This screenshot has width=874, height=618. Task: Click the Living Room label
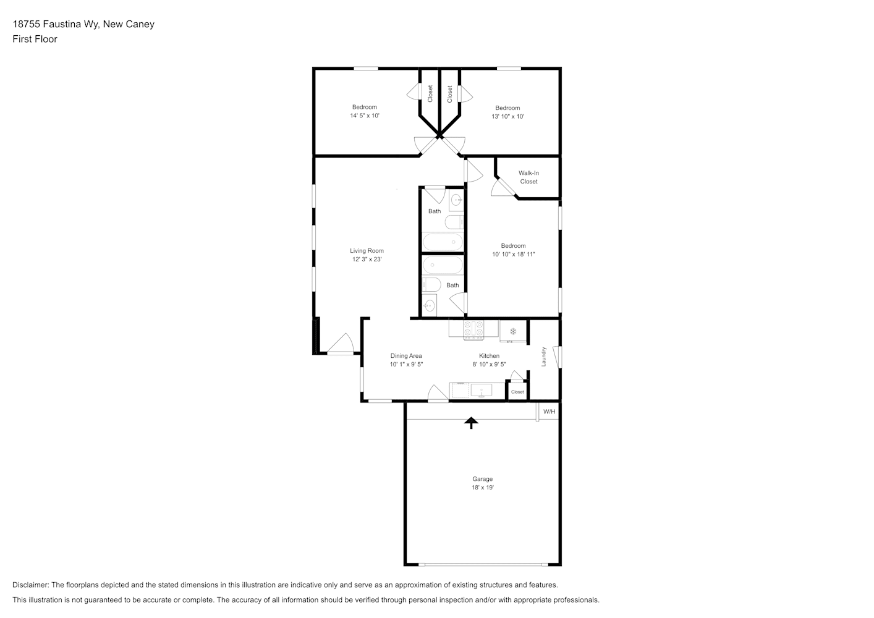pyautogui.click(x=367, y=251)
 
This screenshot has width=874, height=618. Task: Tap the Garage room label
pyautogui.click(x=482, y=479)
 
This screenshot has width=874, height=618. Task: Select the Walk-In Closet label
pyautogui.click(x=528, y=177)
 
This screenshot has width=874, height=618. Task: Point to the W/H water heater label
pyautogui.click(x=549, y=412)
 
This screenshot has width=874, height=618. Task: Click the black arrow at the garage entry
pyautogui.click(x=472, y=423)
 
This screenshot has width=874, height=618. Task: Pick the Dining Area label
pyautogui.click(x=405, y=356)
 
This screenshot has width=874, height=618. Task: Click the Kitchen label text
pyautogui.click(x=489, y=356)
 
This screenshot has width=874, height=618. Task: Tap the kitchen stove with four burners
pyautogui.click(x=473, y=329)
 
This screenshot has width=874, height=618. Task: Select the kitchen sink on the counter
pyautogui.click(x=481, y=390)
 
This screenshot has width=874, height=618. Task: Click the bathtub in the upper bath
pyautogui.click(x=443, y=242)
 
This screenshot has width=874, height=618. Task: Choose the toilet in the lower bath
pyautogui.click(x=431, y=284)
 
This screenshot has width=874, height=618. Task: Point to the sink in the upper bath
pyautogui.click(x=456, y=200)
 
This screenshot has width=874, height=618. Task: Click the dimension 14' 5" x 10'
pyautogui.click(x=365, y=116)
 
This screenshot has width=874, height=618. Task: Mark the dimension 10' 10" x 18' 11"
pyautogui.click(x=513, y=255)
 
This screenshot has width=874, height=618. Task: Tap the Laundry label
pyautogui.click(x=543, y=357)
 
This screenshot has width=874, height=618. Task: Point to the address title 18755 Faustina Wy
pyautogui.click(x=56, y=24)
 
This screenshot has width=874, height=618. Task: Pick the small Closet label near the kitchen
pyautogui.click(x=517, y=392)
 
